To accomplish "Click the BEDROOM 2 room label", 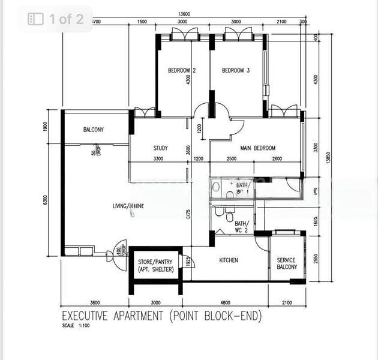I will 182,71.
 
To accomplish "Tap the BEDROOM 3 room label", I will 236,71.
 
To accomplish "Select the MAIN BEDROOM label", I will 258,148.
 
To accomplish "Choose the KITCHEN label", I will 228,260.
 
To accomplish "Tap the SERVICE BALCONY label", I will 286,263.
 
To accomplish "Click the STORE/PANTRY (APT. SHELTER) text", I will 155,265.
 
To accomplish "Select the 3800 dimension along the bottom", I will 94,302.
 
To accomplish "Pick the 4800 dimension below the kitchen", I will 225,302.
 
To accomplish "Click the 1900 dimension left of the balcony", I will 46,127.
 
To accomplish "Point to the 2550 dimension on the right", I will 317,258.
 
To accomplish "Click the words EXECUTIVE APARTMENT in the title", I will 114,316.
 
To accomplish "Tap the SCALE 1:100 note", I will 74,326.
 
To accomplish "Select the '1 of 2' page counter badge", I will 58,19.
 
